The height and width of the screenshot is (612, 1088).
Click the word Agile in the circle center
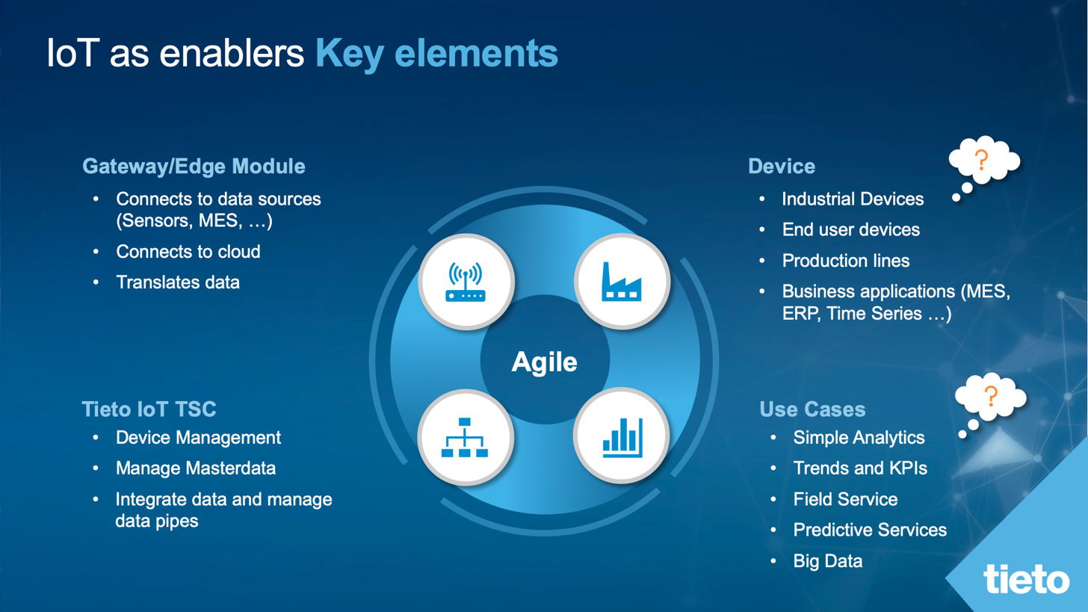[544, 362]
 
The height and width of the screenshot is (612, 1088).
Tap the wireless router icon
[466, 281]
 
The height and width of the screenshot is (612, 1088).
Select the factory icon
[621, 281]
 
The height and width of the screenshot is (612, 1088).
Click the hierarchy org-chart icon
[465, 437]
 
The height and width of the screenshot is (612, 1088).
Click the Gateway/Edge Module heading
[194, 166]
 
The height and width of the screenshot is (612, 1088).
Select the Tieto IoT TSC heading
[149, 409]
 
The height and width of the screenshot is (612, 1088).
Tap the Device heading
[781, 166]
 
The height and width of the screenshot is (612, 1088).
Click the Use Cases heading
[812, 409]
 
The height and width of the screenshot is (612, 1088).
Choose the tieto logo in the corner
[1026, 579]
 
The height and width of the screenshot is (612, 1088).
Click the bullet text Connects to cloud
[188, 252]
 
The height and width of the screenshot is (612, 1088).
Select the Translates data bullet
[177, 282]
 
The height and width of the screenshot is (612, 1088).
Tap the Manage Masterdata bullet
[195, 469]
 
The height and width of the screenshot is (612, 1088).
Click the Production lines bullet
[845, 261]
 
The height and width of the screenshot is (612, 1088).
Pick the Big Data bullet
[827, 560]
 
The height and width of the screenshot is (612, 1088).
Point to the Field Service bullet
[845, 499]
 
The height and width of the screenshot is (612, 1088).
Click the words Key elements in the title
[436, 55]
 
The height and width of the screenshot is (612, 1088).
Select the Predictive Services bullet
[870, 530]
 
